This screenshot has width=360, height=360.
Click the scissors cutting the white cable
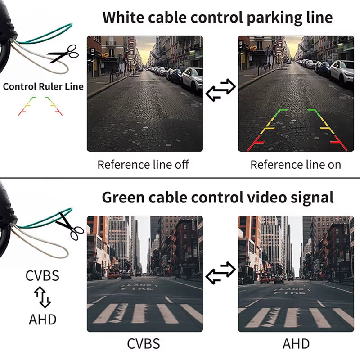[x=63, y=55]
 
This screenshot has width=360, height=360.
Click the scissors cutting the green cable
[x=70, y=225]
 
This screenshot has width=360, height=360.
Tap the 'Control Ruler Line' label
[x=43, y=86]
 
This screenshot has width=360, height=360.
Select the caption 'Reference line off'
[x=143, y=165]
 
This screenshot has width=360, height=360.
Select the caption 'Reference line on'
[x=296, y=165]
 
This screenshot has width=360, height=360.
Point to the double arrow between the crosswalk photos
[x=220, y=271]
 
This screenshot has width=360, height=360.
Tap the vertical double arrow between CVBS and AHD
[x=43, y=297]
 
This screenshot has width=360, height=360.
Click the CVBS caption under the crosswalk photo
[x=144, y=344]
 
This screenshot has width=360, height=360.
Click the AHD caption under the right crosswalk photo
[x=296, y=344]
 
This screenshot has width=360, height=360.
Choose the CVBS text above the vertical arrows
[x=43, y=275]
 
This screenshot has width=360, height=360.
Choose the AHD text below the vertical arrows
[x=43, y=319]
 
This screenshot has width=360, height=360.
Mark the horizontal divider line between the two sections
[x=180, y=178]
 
